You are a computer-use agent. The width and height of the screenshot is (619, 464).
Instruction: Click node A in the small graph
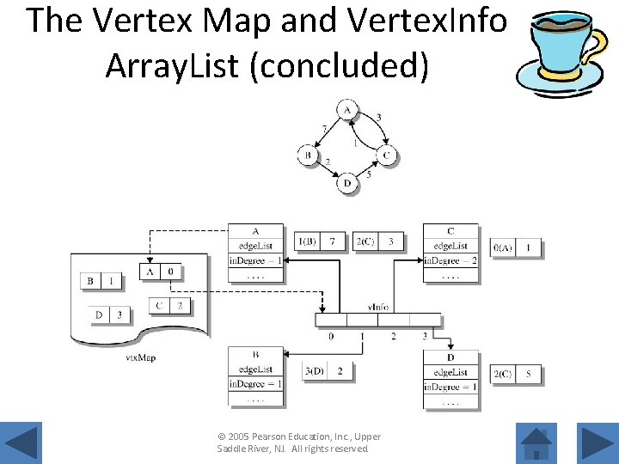pyautogui.click(x=346, y=110)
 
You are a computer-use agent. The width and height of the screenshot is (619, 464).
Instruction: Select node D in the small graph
pyautogui.click(x=346, y=183)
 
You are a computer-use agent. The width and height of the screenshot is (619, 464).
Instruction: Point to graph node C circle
pyautogui.click(x=387, y=156)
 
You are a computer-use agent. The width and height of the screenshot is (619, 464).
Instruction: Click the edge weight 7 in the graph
pyautogui.click(x=323, y=128)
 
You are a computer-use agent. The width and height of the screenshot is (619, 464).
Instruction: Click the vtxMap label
pyautogui.click(x=140, y=357)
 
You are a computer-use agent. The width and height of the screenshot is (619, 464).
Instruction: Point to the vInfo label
pyautogui.click(x=378, y=307)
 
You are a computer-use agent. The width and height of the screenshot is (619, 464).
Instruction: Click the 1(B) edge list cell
pyautogui.click(x=307, y=241)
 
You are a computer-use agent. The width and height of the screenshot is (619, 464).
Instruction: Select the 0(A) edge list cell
pyautogui.click(x=503, y=248)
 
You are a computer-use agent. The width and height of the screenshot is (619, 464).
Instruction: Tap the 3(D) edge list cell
pyautogui.click(x=314, y=371)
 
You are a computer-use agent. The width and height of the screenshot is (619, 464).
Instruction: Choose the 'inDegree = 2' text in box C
pyautogui.click(x=450, y=260)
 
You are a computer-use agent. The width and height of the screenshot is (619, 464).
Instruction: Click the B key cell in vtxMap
pyautogui.click(x=90, y=280)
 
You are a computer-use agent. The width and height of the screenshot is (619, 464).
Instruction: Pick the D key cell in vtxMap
pyautogui.click(x=99, y=315)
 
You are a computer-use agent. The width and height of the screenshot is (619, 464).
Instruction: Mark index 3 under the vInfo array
pyautogui.click(x=425, y=336)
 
